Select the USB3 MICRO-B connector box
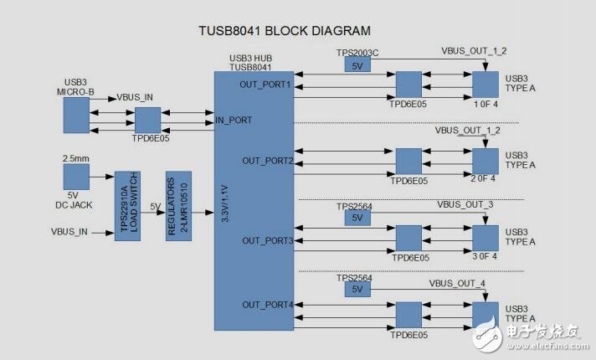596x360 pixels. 76,115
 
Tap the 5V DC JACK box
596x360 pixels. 76,177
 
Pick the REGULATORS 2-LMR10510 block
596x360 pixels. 177,206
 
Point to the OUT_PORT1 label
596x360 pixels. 265,85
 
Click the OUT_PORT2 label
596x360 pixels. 267,160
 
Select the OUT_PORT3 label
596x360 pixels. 267,240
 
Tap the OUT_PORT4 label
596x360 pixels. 267,305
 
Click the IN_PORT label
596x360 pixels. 234,121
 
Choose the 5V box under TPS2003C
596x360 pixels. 356,65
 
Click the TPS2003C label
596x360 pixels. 357,53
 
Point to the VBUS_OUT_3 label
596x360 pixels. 465,205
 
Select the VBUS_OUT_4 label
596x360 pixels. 457,284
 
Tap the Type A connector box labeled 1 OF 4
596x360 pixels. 485,84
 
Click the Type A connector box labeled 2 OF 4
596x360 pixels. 485,160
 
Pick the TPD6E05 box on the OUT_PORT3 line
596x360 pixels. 408,239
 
